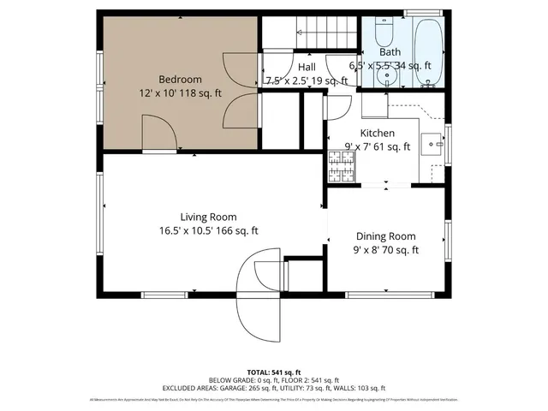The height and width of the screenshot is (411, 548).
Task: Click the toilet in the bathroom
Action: pyautogui.click(x=382, y=33)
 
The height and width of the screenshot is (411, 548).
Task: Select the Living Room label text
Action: pyautogui.click(x=208, y=217)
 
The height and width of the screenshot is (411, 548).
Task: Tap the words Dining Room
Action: pyautogui.click(x=384, y=236)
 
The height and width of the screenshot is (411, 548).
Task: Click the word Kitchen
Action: pyautogui.click(x=377, y=133)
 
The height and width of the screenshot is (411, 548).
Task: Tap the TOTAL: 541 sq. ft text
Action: pyautogui.click(x=273, y=372)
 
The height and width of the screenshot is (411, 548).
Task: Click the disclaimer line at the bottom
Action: pyautogui.click(x=273, y=400)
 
